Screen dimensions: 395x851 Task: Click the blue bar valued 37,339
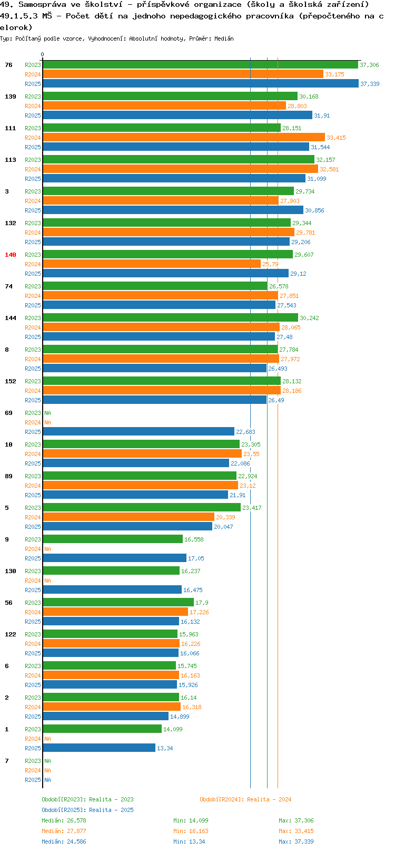click(x=200, y=84)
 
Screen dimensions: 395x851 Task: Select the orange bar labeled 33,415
click(x=184, y=138)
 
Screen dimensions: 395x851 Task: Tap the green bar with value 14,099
click(x=102, y=729)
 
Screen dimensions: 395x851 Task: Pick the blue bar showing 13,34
click(x=99, y=748)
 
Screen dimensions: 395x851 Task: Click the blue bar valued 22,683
click(x=139, y=432)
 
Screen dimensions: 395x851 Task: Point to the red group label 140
click(x=10, y=255)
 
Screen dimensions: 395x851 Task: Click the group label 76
click(x=8, y=65)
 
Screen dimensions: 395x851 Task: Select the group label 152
click(x=10, y=381)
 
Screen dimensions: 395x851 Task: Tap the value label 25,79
click(x=270, y=264)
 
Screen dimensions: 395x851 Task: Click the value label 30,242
click(x=309, y=318)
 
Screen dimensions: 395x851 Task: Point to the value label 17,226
click(x=199, y=612)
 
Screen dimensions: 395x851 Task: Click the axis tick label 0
click(x=42, y=54)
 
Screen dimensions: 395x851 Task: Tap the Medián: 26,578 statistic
click(x=64, y=820)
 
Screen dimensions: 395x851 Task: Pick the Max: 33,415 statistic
click(x=296, y=831)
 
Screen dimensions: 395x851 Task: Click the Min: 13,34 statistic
click(x=189, y=842)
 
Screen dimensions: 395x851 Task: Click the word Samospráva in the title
click(x=42, y=5)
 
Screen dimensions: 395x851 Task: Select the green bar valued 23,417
click(x=142, y=508)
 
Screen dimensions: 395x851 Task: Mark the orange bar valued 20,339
click(x=129, y=517)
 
